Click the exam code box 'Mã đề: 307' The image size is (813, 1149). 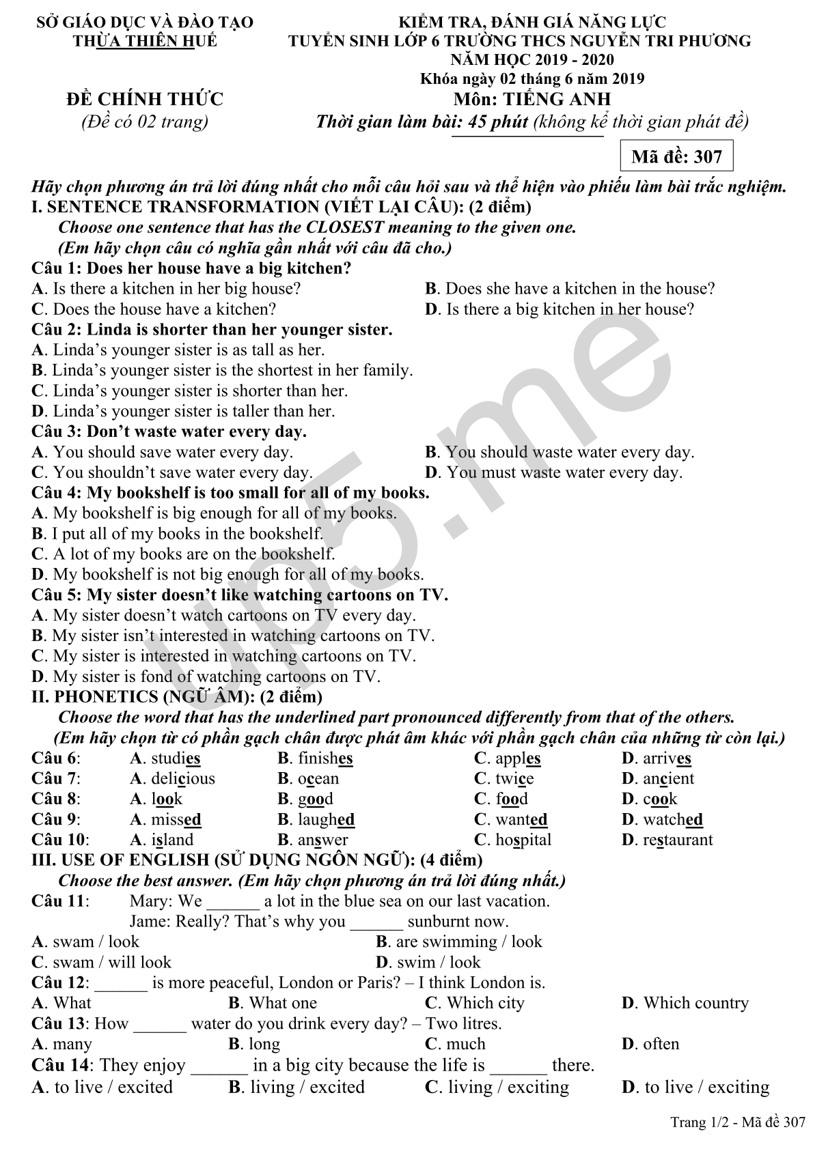676,156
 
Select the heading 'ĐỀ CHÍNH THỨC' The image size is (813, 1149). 144,100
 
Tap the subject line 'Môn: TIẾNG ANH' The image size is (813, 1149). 532,100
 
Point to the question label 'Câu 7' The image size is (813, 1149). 55,778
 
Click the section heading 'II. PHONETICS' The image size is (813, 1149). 177,697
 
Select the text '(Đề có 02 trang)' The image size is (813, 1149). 144,122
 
